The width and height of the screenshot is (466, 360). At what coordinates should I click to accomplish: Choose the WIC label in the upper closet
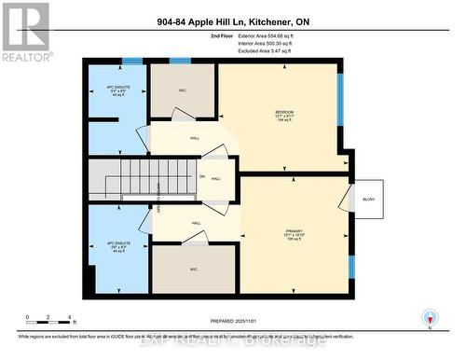click(x=184, y=91)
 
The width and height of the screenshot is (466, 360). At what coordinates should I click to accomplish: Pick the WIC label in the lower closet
click(x=195, y=270)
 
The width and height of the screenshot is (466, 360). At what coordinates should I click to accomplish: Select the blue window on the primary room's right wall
click(x=351, y=266)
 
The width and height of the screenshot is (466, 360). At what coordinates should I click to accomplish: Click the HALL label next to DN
click(x=215, y=178)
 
